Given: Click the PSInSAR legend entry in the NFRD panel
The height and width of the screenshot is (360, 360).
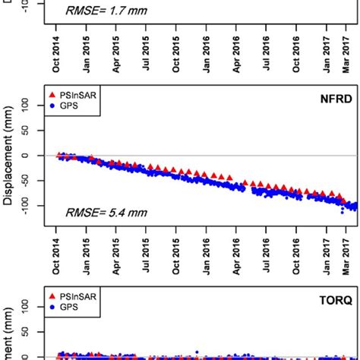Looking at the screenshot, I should tap(79, 93).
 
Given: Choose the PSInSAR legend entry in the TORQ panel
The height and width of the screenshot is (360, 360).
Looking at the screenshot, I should tap(79, 295).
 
